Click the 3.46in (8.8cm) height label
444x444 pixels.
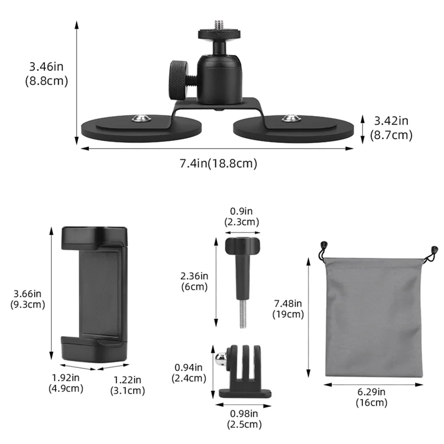[x=46, y=74]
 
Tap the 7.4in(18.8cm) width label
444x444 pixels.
[x=218, y=163]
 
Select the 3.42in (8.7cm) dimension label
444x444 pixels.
[x=391, y=128]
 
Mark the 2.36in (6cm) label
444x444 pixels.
[x=194, y=281]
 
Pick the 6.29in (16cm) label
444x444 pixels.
[x=371, y=398]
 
